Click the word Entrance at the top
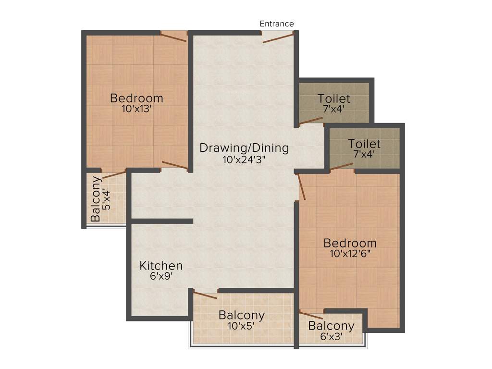(277, 24)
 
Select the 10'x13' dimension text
(137, 109)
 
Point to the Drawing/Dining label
(244, 148)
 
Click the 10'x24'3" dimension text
(245, 160)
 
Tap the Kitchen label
(161, 266)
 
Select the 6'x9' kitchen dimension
(161, 276)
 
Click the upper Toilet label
(334, 99)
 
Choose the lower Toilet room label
(364, 144)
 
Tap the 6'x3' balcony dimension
(331, 337)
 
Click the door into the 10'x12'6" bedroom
(302, 187)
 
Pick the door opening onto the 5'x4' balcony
(114, 174)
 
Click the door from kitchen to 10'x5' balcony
(205, 295)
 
